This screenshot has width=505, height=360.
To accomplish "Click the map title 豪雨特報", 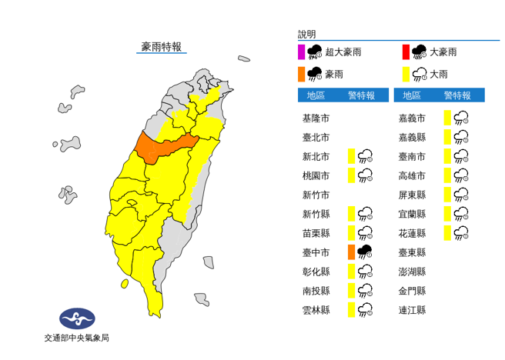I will click(162, 47).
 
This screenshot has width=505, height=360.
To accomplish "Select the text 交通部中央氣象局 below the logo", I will click(77, 338).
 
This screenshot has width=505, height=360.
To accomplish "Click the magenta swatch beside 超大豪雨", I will click(301, 52).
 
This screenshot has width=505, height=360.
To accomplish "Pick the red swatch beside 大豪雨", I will click(405, 52).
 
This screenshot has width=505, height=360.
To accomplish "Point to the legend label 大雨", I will click(439, 75).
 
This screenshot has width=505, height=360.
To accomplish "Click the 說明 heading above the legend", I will click(306, 35).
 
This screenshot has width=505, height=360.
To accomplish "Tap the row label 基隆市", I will click(316, 118).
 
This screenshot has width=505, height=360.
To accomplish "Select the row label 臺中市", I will click(316, 252).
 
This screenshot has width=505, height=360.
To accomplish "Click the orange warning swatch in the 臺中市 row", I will click(350, 252).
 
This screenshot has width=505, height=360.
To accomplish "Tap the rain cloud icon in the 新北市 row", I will click(366, 156).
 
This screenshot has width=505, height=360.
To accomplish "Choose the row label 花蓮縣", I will click(412, 232).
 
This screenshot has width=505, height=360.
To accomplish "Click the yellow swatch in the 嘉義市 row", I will click(446, 118).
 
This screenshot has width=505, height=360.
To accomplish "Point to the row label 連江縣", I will click(412, 309).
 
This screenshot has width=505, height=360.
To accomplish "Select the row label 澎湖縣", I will click(412, 271).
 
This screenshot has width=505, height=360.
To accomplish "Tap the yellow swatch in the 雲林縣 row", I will click(350, 309).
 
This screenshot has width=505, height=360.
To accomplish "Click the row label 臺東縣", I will click(412, 252).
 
